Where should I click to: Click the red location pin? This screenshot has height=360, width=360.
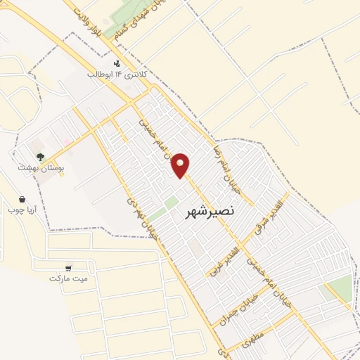(x=181, y=165)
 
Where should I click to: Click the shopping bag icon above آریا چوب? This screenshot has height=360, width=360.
(x=23, y=199)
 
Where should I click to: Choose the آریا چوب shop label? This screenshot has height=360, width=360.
(x=21, y=210)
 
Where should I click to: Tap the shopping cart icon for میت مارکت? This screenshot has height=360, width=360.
(x=68, y=267)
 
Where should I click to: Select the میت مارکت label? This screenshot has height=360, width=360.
(x=69, y=278)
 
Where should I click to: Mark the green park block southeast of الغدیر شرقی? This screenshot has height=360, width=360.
(x=337, y=289)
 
